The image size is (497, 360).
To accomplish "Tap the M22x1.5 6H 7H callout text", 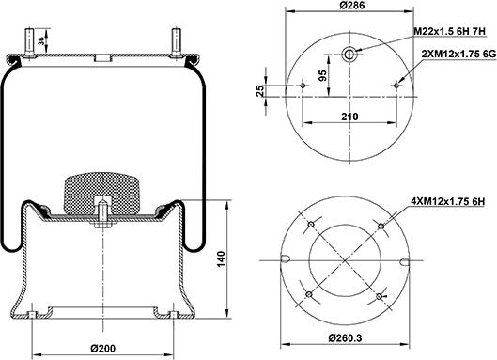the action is tap(450, 31).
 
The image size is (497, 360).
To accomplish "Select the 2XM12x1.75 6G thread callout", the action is tap(458, 55).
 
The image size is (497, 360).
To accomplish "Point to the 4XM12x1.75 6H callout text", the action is tap(447, 201).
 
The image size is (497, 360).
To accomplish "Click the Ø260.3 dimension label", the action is tap(345, 337).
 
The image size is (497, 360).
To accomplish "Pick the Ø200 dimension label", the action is tap(103, 349).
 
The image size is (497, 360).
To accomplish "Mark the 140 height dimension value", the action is tap(221, 258).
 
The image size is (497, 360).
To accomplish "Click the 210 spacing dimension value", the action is tap(349, 117).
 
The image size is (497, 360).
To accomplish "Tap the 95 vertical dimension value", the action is tap(322, 75).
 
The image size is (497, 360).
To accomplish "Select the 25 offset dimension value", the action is tap(260, 91).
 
